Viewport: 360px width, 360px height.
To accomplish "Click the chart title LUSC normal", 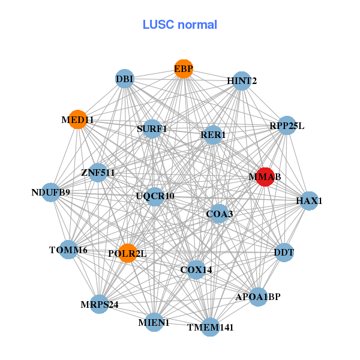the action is (179, 25).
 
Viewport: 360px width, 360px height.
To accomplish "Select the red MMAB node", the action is (265, 177).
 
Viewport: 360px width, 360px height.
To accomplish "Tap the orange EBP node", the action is (184, 68).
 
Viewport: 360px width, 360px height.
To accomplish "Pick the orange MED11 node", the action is (77, 119).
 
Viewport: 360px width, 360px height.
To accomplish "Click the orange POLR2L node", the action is (127, 253).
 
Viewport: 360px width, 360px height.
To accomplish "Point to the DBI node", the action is (124, 79).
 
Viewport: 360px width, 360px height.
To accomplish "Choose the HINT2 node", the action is (241, 81).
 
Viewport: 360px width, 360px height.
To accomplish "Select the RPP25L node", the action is (287, 125).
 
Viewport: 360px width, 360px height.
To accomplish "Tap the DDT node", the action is (284, 253).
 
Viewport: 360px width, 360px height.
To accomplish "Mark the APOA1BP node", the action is (258, 297).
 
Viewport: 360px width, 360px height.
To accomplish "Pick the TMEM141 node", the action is (210, 327).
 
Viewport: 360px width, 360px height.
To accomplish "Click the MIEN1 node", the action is (154, 322).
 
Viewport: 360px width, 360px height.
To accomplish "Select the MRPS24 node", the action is (100, 304).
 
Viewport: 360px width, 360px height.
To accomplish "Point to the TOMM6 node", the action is (68, 250).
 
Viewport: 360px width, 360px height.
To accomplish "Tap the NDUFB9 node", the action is (51, 193).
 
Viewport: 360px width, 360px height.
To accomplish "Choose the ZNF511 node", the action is (98, 173).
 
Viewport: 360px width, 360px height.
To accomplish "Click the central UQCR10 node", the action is (155, 196).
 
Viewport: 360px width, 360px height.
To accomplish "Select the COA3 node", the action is (219, 214).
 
